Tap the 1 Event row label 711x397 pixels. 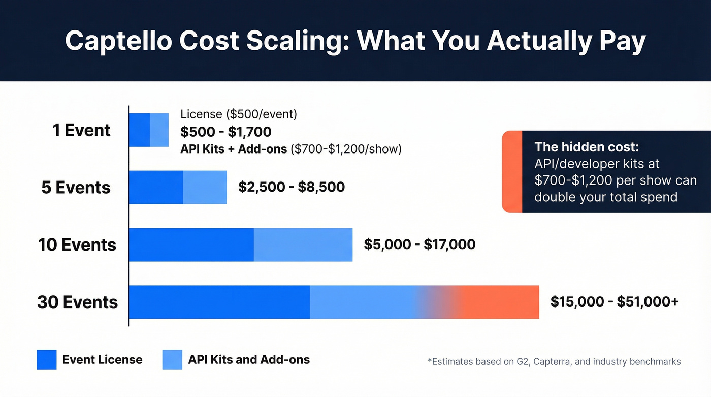81,130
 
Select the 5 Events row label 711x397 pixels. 76,188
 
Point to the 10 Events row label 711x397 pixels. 77,245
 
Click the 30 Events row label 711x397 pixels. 77,302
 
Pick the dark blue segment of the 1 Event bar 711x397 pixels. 139,130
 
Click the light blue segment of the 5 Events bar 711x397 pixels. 205,188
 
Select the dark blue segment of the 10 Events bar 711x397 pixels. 191,245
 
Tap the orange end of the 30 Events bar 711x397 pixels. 503,302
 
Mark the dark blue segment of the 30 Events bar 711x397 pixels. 219,302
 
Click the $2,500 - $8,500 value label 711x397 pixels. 292,187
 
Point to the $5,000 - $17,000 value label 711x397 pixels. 419,245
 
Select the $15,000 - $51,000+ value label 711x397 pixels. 615,302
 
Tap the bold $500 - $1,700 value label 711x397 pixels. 226,132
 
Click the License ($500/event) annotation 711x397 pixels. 239,114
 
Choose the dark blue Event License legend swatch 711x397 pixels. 46,360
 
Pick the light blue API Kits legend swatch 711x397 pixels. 172,360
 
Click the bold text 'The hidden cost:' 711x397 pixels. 587,147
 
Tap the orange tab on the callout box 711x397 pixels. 512,172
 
